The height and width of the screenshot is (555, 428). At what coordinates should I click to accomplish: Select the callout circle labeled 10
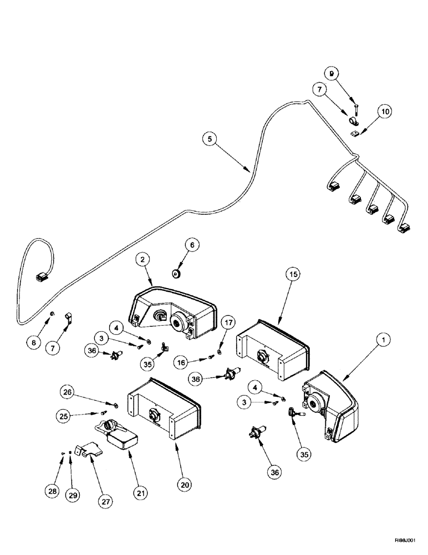click(385, 112)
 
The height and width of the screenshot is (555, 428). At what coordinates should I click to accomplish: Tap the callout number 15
click(293, 275)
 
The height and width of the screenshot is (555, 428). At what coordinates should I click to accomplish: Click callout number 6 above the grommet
click(192, 244)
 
